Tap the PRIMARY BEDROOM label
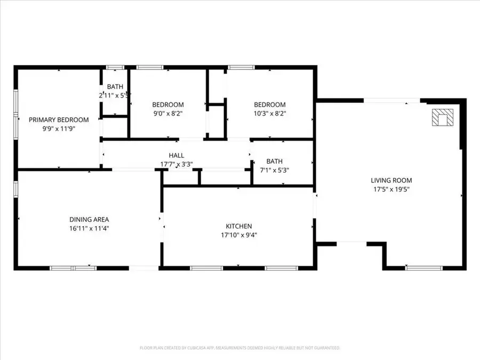(59, 120)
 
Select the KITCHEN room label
(238, 226)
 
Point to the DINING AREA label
(89, 219)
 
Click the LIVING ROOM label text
(391, 180)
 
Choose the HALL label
(176, 155)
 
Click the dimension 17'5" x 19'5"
(391, 189)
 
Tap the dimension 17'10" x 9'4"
(238, 235)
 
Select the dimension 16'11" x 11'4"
(89, 228)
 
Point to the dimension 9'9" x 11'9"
(59, 129)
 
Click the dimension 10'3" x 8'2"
(269, 114)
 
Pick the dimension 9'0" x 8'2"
(168, 114)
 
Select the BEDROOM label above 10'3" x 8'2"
(269, 105)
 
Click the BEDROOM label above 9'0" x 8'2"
(168, 105)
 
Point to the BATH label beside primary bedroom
(115, 86)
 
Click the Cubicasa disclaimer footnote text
(239, 348)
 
